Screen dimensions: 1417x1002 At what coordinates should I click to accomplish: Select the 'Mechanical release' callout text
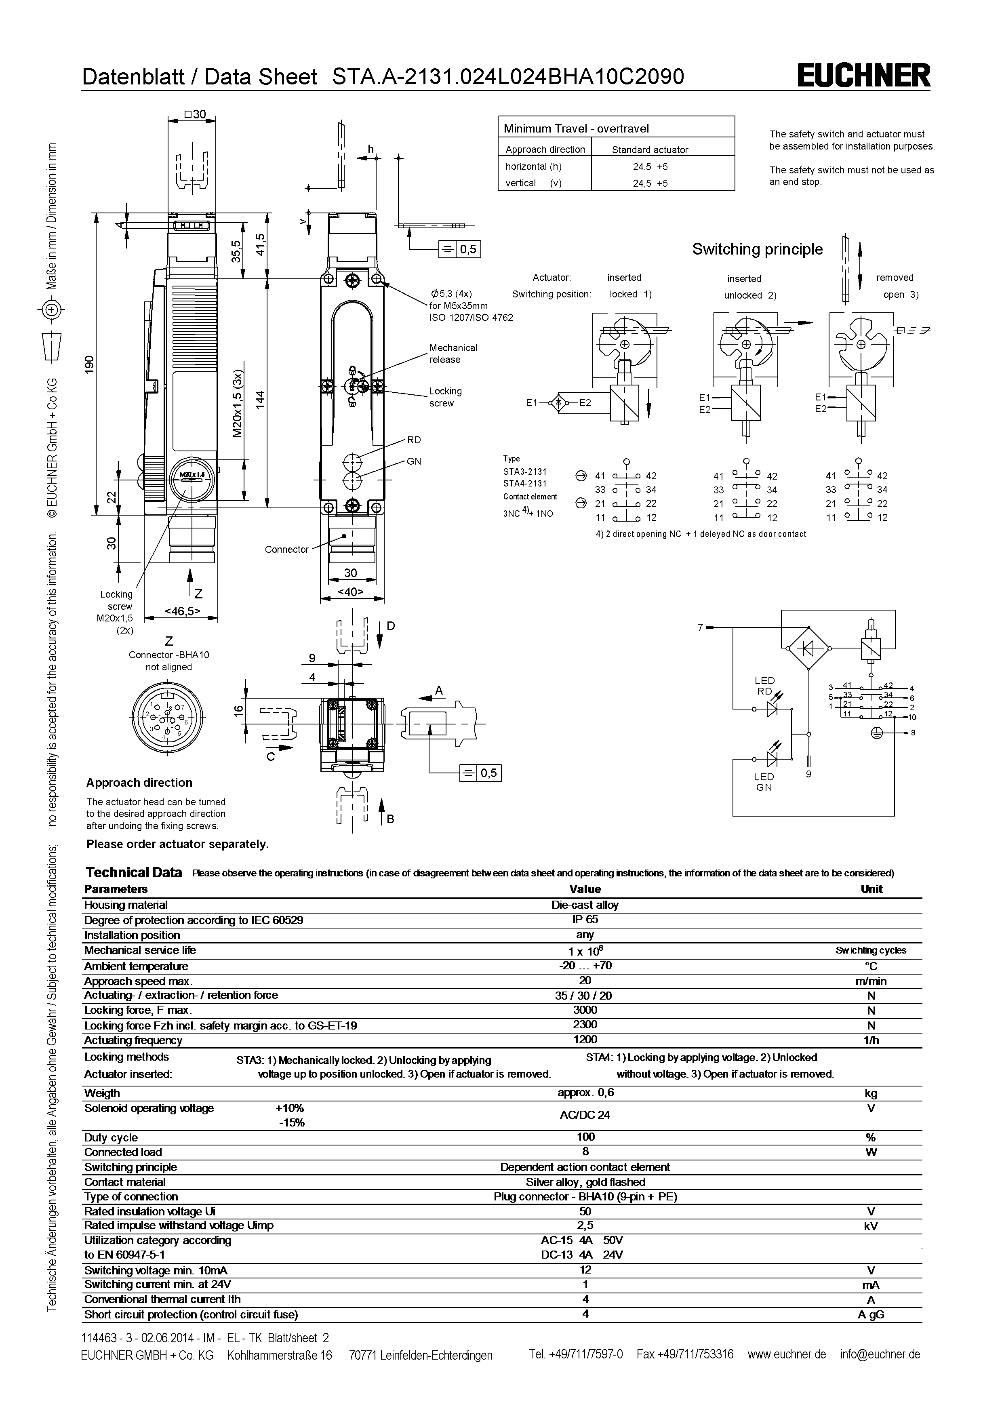[453, 354]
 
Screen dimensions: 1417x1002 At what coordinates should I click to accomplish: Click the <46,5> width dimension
[182, 611]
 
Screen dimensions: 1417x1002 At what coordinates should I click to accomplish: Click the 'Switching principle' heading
[757, 249]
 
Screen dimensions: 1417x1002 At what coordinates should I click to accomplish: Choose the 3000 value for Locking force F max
[585, 1010]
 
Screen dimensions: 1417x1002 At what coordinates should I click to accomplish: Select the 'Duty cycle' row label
[111, 1137]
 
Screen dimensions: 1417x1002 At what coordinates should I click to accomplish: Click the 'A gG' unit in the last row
[871, 1314]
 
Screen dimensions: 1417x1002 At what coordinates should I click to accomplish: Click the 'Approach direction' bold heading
[139, 783]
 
